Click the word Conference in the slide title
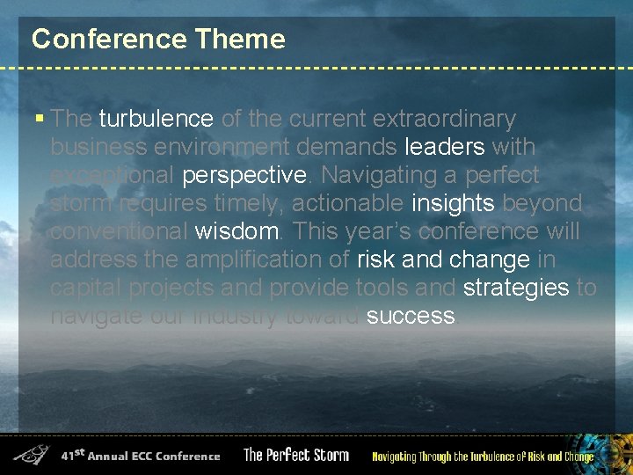(x=109, y=40)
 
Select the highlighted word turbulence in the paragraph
(x=156, y=119)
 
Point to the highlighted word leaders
(x=444, y=147)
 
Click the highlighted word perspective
(x=243, y=176)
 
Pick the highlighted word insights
(x=454, y=204)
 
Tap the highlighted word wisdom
(x=236, y=232)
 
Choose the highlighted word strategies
(x=516, y=289)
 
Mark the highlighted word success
(x=411, y=317)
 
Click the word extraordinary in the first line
(x=444, y=119)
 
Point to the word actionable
(x=347, y=204)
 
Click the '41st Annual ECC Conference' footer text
(x=141, y=456)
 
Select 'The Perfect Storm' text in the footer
(x=296, y=456)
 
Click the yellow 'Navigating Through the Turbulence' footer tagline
(x=483, y=457)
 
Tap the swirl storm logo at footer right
(x=614, y=450)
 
